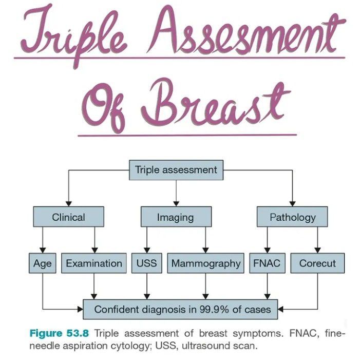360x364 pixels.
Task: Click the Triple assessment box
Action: point(176,170)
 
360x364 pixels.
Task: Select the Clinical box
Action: point(68,217)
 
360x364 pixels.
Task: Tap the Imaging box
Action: point(176,217)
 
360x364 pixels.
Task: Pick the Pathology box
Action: point(293,217)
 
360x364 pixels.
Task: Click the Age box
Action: point(42,263)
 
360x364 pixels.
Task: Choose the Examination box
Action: point(94,263)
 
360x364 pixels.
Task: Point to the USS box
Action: point(147,263)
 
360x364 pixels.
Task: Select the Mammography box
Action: point(205,263)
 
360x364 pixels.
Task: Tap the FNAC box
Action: point(266,263)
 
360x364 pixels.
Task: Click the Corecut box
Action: point(317,263)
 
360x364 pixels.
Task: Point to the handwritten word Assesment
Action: point(257,36)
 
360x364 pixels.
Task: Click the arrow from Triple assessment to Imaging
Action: point(176,193)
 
